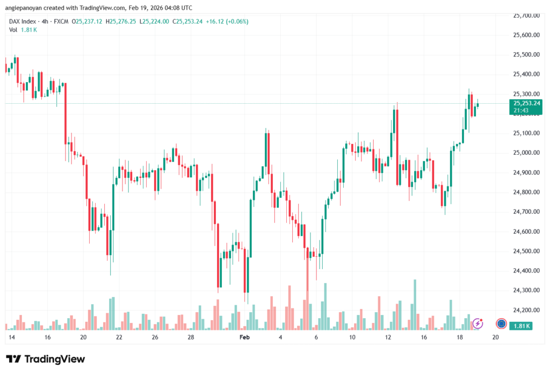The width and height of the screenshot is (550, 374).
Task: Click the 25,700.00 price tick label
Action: tap(526, 16)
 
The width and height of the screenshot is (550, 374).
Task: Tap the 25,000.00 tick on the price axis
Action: tap(526, 153)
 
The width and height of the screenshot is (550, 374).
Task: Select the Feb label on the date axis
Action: tap(244, 337)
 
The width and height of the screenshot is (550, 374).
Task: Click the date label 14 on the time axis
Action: tap(11, 337)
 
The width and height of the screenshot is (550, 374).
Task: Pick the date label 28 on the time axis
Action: tap(191, 337)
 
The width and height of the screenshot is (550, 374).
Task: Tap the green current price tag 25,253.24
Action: tap(526, 103)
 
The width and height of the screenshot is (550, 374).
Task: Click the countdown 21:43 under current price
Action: tap(520, 110)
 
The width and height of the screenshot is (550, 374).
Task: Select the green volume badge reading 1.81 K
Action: tap(521, 326)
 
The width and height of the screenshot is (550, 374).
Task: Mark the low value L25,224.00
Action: tap(155, 21)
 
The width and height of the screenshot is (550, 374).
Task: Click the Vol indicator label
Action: tap(13, 30)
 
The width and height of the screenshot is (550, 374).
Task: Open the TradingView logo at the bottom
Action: tap(45, 359)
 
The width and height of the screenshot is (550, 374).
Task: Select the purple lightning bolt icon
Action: tap(477, 323)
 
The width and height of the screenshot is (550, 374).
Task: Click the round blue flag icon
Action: tap(501, 323)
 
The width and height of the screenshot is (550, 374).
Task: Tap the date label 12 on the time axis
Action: tap(388, 337)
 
